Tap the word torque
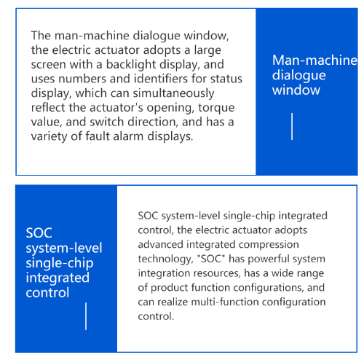pos(216,108)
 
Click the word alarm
pos(129,136)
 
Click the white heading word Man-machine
pos(314,60)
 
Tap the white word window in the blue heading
pos(296,90)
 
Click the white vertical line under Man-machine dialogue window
pos(292,126)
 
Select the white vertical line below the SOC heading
pos(86,316)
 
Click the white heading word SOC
pos(39,233)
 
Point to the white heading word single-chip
pos(60,263)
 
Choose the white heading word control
pos(47,293)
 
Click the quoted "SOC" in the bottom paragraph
pos(211,259)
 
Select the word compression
pos(269,245)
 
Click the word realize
pos(173,302)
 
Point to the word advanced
pos(160,244)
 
